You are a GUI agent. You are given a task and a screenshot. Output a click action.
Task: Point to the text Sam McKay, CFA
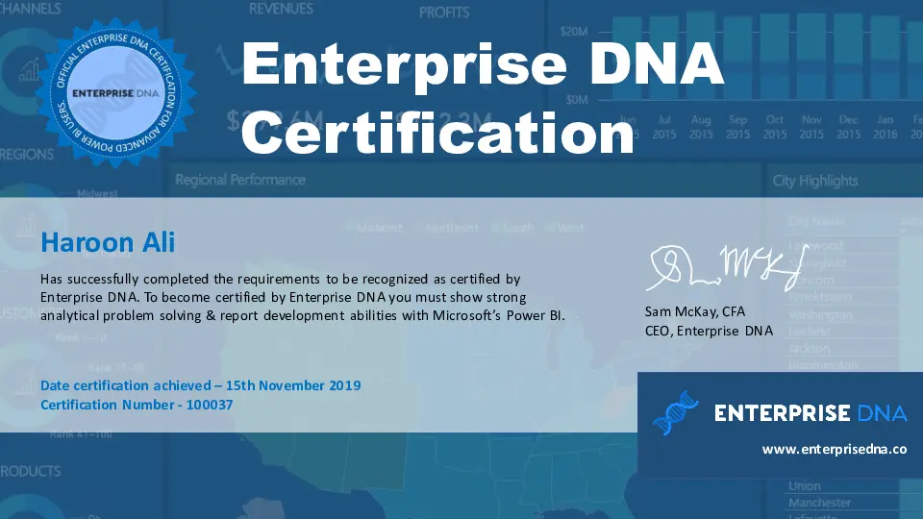(x=694, y=312)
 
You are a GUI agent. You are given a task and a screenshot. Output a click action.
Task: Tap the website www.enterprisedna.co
(x=835, y=449)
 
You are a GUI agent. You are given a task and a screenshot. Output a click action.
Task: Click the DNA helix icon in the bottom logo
(x=676, y=412)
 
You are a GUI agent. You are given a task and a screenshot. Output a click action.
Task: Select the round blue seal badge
(x=114, y=92)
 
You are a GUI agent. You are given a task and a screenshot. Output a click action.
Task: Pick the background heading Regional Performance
(x=240, y=180)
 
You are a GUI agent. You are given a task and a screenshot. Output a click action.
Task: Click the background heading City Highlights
(x=815, y=181)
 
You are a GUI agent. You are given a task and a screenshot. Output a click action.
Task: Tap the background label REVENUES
(x=281, y=9)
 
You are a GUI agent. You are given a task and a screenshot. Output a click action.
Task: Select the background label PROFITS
(x=444, y=12)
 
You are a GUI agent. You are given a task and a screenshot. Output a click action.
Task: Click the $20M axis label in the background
(x=574, y=32)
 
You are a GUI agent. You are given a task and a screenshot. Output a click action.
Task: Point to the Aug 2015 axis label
(x=701, y=127)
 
